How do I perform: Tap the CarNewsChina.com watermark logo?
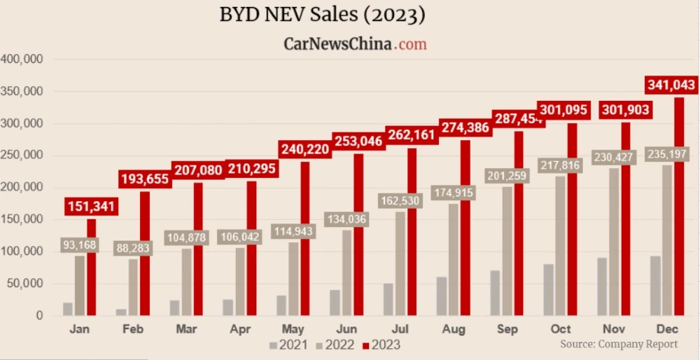pos(355,43)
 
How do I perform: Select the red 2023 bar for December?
pos(679,207)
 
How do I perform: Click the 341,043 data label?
pos(671,85)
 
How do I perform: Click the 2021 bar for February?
pos(122,312)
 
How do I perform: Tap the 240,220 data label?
pos(304,149)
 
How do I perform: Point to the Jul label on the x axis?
pos(401,328)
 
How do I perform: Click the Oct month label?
pos(561,328)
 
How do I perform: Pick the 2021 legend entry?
pos(288,345)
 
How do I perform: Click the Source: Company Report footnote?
pos(619,344)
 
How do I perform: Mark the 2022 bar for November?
pos(614,242)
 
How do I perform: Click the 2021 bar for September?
pos(495,293)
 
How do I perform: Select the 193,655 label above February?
pos(144,179)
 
